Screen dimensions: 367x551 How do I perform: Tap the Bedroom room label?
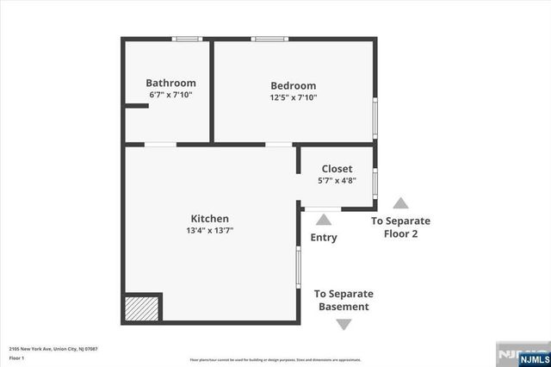point(293,85)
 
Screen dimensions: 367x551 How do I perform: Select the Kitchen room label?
point(209,219)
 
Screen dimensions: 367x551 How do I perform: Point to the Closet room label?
point(337,168)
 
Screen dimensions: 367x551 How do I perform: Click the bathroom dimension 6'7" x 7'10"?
point(170,95)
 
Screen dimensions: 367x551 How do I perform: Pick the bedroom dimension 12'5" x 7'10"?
point(293,97)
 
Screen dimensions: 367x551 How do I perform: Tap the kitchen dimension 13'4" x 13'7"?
point(210,231)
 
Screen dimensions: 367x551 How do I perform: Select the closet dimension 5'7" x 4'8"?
point(337,180)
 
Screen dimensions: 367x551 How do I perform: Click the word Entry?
point(324,238)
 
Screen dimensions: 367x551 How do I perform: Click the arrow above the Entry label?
point(324,221)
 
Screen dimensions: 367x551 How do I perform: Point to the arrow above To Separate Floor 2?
point(400,204)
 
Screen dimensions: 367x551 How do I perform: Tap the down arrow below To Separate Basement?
point(344,324)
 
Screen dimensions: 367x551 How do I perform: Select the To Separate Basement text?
point(344,300)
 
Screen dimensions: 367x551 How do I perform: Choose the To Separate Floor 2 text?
point(400,227)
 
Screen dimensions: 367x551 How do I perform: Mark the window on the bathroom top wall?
point(186,39)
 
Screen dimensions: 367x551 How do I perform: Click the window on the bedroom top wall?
point(269,39)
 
